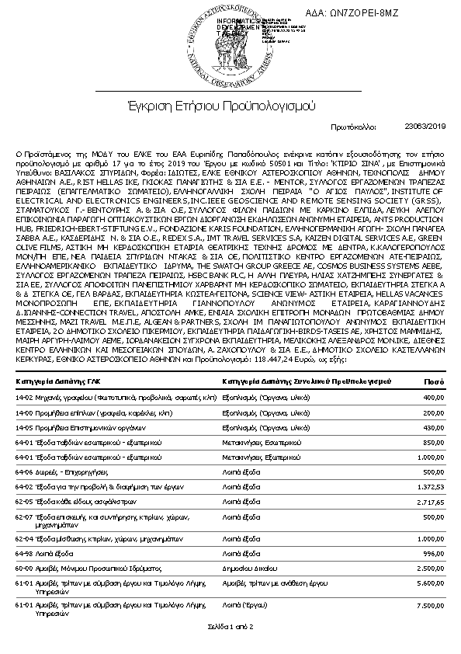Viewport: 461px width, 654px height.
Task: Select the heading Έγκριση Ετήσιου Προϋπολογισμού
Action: point(230,104)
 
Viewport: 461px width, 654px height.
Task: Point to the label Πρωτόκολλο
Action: point(354,125)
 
